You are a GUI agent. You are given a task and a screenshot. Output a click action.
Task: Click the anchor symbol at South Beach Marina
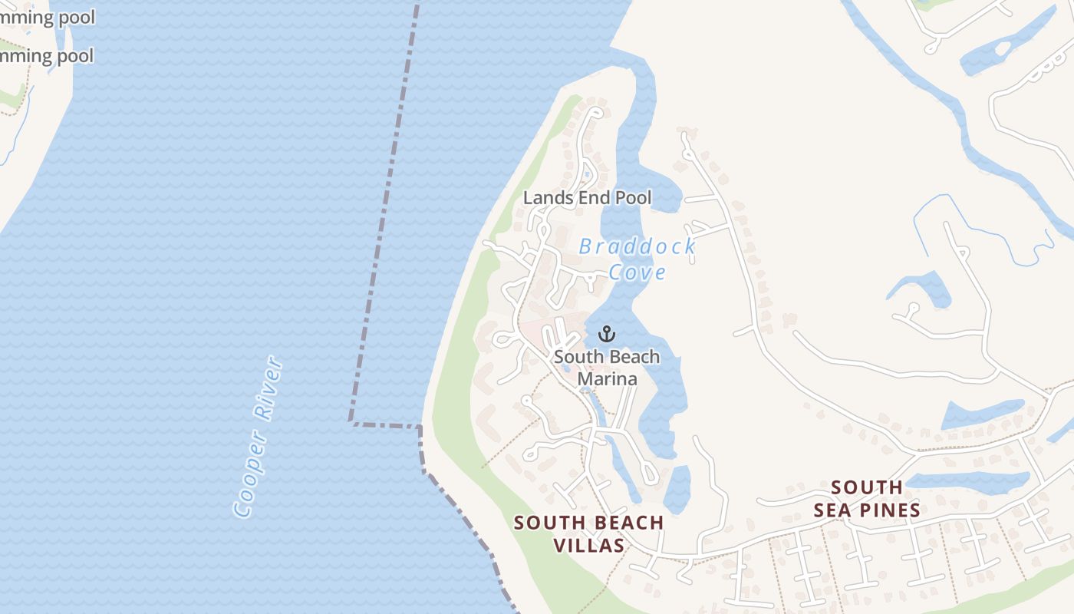pos(607,334)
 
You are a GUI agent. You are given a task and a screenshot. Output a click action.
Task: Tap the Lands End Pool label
pos(587,198)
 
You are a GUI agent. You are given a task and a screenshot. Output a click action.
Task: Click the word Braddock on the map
pos(637,246)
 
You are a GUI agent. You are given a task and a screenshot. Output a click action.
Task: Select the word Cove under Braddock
pos(637,272)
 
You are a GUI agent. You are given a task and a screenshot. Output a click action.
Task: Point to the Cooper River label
pos(259,436)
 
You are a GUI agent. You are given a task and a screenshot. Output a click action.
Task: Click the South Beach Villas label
pos(588,533)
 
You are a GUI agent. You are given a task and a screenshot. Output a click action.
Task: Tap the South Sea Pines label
pos(867,499)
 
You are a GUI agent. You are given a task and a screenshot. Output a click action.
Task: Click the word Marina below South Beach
pos(607,378)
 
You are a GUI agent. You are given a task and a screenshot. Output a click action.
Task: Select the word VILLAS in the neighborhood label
pos(589,545)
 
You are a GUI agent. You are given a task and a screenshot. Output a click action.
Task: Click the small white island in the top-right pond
pos(1002,49)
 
